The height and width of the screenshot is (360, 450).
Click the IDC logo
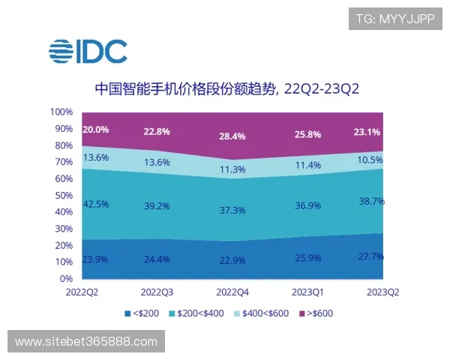tap(88, 52)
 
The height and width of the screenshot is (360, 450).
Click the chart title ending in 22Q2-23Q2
tap(227, 89)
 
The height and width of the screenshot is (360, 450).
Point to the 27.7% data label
tap(369, 256)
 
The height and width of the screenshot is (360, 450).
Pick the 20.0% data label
tap(96, 129)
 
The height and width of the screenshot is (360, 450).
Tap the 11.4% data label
tap(307, 165)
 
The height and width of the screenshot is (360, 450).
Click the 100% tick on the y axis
tap(61, 112)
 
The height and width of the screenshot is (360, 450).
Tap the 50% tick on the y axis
tap(63, 195)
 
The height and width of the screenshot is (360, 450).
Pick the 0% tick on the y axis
tap(66, 278)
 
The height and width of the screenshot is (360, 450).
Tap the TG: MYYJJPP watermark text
tap(394, 19)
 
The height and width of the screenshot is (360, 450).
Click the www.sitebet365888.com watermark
tap(86, 342)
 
